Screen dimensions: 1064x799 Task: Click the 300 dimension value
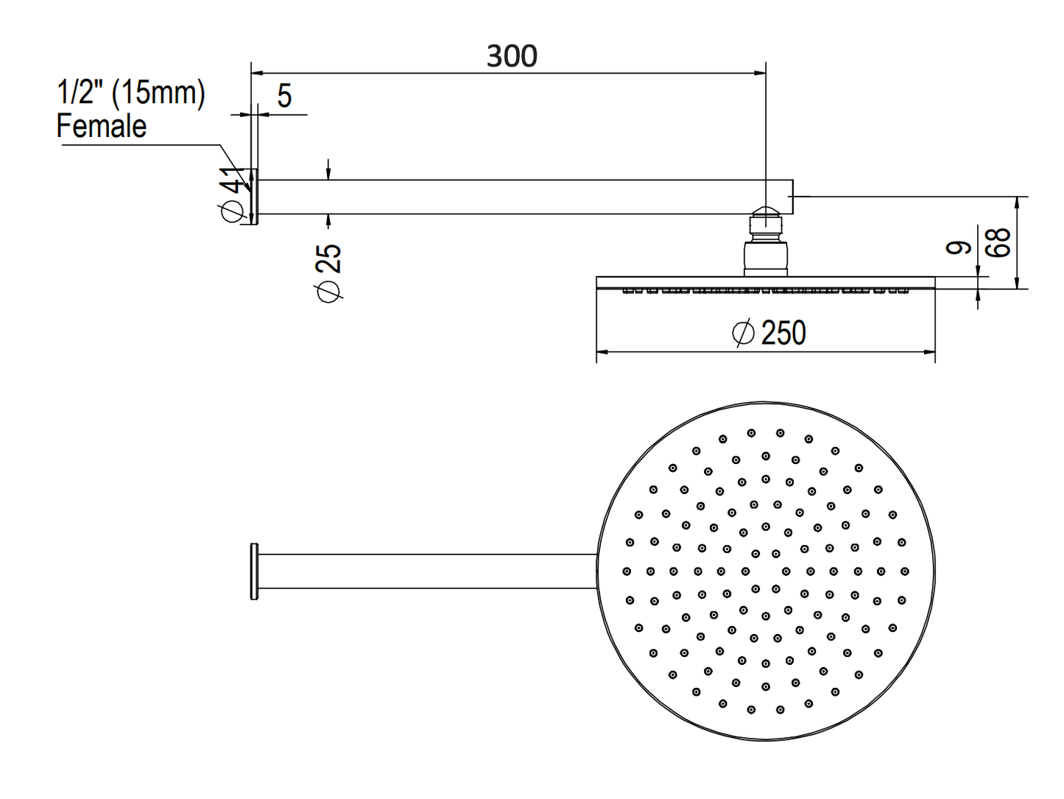tap(512, 56)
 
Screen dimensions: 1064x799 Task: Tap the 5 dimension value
tap(284, 95)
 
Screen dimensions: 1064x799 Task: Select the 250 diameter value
tap(783, 333)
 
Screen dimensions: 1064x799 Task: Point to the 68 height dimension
tap(999, 242)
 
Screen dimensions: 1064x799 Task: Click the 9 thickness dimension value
tap(958, 247)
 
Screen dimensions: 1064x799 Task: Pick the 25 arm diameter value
tap(328, 259)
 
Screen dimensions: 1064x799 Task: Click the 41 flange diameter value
tap(233, 181)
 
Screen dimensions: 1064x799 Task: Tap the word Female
tap(102, 126)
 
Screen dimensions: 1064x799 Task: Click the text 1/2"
tap(75, 92)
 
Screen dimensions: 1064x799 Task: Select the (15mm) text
tap(158, 93)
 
